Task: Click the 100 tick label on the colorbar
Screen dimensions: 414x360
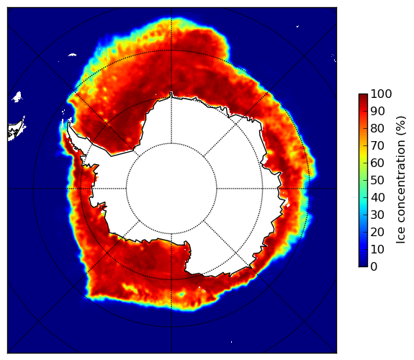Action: (381, 94)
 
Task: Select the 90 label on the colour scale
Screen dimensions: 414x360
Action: (377, 111)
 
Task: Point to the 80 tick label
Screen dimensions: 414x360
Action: (377, 128)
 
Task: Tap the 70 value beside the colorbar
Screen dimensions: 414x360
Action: (377, 145)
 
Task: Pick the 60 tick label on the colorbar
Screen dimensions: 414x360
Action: (377, 163)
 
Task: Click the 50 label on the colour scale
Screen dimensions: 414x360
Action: (377, 180)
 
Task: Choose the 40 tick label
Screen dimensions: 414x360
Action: (377, 197)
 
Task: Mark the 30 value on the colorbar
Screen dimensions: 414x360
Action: (377, 215)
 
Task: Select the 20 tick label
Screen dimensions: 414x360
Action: (377, 232)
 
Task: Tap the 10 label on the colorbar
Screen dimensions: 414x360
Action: (377, 249)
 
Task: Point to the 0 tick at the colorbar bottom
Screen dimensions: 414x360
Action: (374, 266)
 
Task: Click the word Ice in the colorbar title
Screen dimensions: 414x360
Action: (401, 235)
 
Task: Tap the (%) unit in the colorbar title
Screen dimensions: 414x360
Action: (401, 126)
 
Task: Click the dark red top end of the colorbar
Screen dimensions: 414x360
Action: (363, 95)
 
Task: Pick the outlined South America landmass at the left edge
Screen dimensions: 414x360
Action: (15, 131)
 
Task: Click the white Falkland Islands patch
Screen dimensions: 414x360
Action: (17, 96)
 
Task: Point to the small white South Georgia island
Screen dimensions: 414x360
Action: (72, 55)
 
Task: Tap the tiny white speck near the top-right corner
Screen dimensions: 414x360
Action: (297, 26)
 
